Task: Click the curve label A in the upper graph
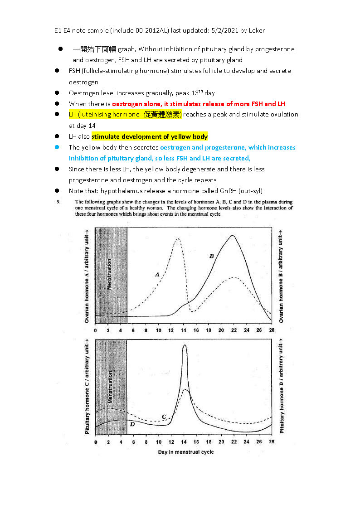point(157,274)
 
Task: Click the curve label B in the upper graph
point(211,256)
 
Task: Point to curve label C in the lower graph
point(164,417)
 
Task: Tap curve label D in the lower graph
point(132,424)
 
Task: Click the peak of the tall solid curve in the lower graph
point(184,345)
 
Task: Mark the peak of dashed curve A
point(178,239)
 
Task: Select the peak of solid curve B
point(232,235)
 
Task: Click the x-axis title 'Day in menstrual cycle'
point(186,452)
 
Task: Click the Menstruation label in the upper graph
point(109,274)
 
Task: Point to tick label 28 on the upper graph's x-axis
point(271,330)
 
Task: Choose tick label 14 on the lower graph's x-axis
point(184,441)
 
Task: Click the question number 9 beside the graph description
point(58,202)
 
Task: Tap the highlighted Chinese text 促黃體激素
point(162,115)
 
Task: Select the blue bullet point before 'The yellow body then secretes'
point(57,147)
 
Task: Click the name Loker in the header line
point(256,30)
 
